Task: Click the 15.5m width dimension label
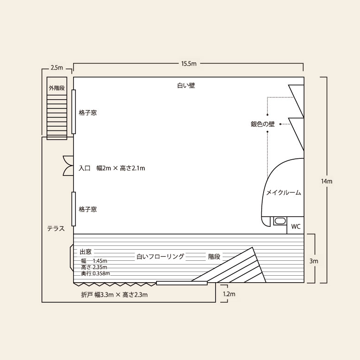pos(189,64)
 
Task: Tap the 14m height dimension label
pos(326,181)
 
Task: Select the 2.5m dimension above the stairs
pos(57,68)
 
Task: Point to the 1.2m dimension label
pos(229,294)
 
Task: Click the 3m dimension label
pos(313,261)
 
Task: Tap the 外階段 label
pos(57,88)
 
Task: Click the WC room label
pos(296,227)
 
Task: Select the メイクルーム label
pos(284,192)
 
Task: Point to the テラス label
pos(56,229)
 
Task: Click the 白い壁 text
pos(186,85)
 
